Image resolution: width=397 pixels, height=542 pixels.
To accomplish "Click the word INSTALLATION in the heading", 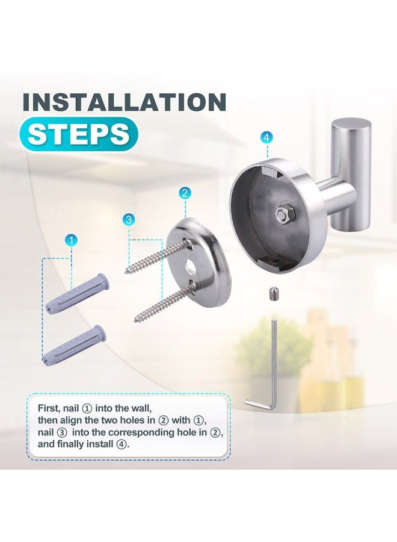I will (x=124, y=102).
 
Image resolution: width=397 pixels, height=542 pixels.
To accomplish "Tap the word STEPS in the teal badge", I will (x=78, y=134).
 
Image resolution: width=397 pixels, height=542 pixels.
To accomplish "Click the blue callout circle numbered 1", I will (x=72, y=241).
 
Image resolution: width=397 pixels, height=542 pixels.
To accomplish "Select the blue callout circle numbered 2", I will (x=185, y=193).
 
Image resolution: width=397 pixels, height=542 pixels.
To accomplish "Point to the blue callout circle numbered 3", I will (x=129, y=219).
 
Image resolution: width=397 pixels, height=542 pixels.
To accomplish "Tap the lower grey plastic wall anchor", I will (x=76, y=343).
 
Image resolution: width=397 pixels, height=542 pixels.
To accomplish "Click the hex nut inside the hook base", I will (x=283, y=213).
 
